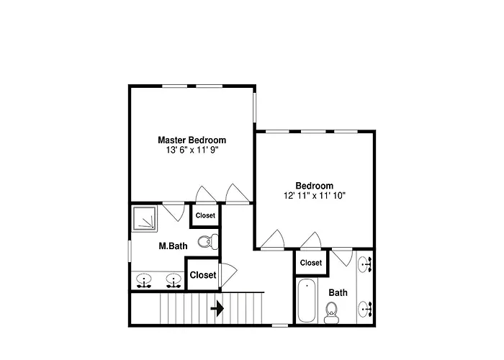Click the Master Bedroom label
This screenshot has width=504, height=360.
[x=192, y=140]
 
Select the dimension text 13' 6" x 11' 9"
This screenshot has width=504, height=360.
[x=192, y=150]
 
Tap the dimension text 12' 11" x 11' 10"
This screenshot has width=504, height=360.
[x=315, y=195]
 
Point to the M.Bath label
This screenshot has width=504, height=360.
[x=173, y=246]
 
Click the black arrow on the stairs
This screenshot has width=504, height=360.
[x=217, y=309]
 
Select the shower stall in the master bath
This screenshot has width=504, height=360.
[x=145, y=219]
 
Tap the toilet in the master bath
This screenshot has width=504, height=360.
[x=207, y=242]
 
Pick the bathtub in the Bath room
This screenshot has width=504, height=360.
[x=307, y=300]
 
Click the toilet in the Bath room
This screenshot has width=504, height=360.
[x=331, y=312]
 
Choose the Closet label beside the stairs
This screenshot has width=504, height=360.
[x=203, y=275]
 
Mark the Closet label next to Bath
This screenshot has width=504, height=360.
[x=311, y=263]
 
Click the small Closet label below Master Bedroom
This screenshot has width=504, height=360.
[x=205, y=215]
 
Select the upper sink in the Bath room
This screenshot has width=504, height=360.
[x=365, y=264]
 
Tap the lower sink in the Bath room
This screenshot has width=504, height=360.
[x=365, y=309]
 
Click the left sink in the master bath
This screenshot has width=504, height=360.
[x=144, y=281]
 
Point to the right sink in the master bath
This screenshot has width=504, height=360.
[x=174, y=281]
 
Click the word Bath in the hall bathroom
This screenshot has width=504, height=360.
[x=338, y=293]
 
